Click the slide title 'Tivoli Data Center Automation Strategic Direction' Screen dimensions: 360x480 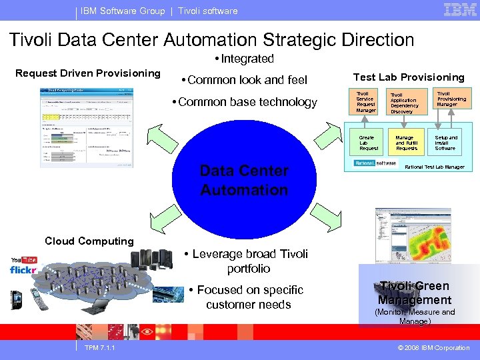click(211, 39)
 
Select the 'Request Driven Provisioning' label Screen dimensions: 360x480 click(88, 73)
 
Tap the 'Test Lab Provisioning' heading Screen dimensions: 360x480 click(409, 77)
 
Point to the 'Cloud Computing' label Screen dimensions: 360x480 click(89, 241)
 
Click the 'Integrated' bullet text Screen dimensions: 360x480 click(245, 59)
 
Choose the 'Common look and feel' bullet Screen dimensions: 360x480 click(244, 80)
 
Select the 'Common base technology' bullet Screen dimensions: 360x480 click(244, 102)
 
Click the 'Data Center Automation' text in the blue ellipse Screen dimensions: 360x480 click(244, 180)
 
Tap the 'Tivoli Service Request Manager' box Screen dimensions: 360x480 click(366, 101)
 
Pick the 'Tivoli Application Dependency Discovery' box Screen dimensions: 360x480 click(404, 103)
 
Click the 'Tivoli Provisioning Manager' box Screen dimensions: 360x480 click(451, 99)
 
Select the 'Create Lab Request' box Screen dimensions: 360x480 click(369, 143)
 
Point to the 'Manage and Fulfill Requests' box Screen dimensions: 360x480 click(406, 143)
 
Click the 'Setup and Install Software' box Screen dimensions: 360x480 click(446, 143)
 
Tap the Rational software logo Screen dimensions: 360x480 click(375, 163)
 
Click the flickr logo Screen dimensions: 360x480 click(21, 269)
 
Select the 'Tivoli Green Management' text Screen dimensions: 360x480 click(415, 293)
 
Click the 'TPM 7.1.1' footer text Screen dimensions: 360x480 click(100, 348)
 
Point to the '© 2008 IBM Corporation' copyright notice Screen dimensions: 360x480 click(433, 348)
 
